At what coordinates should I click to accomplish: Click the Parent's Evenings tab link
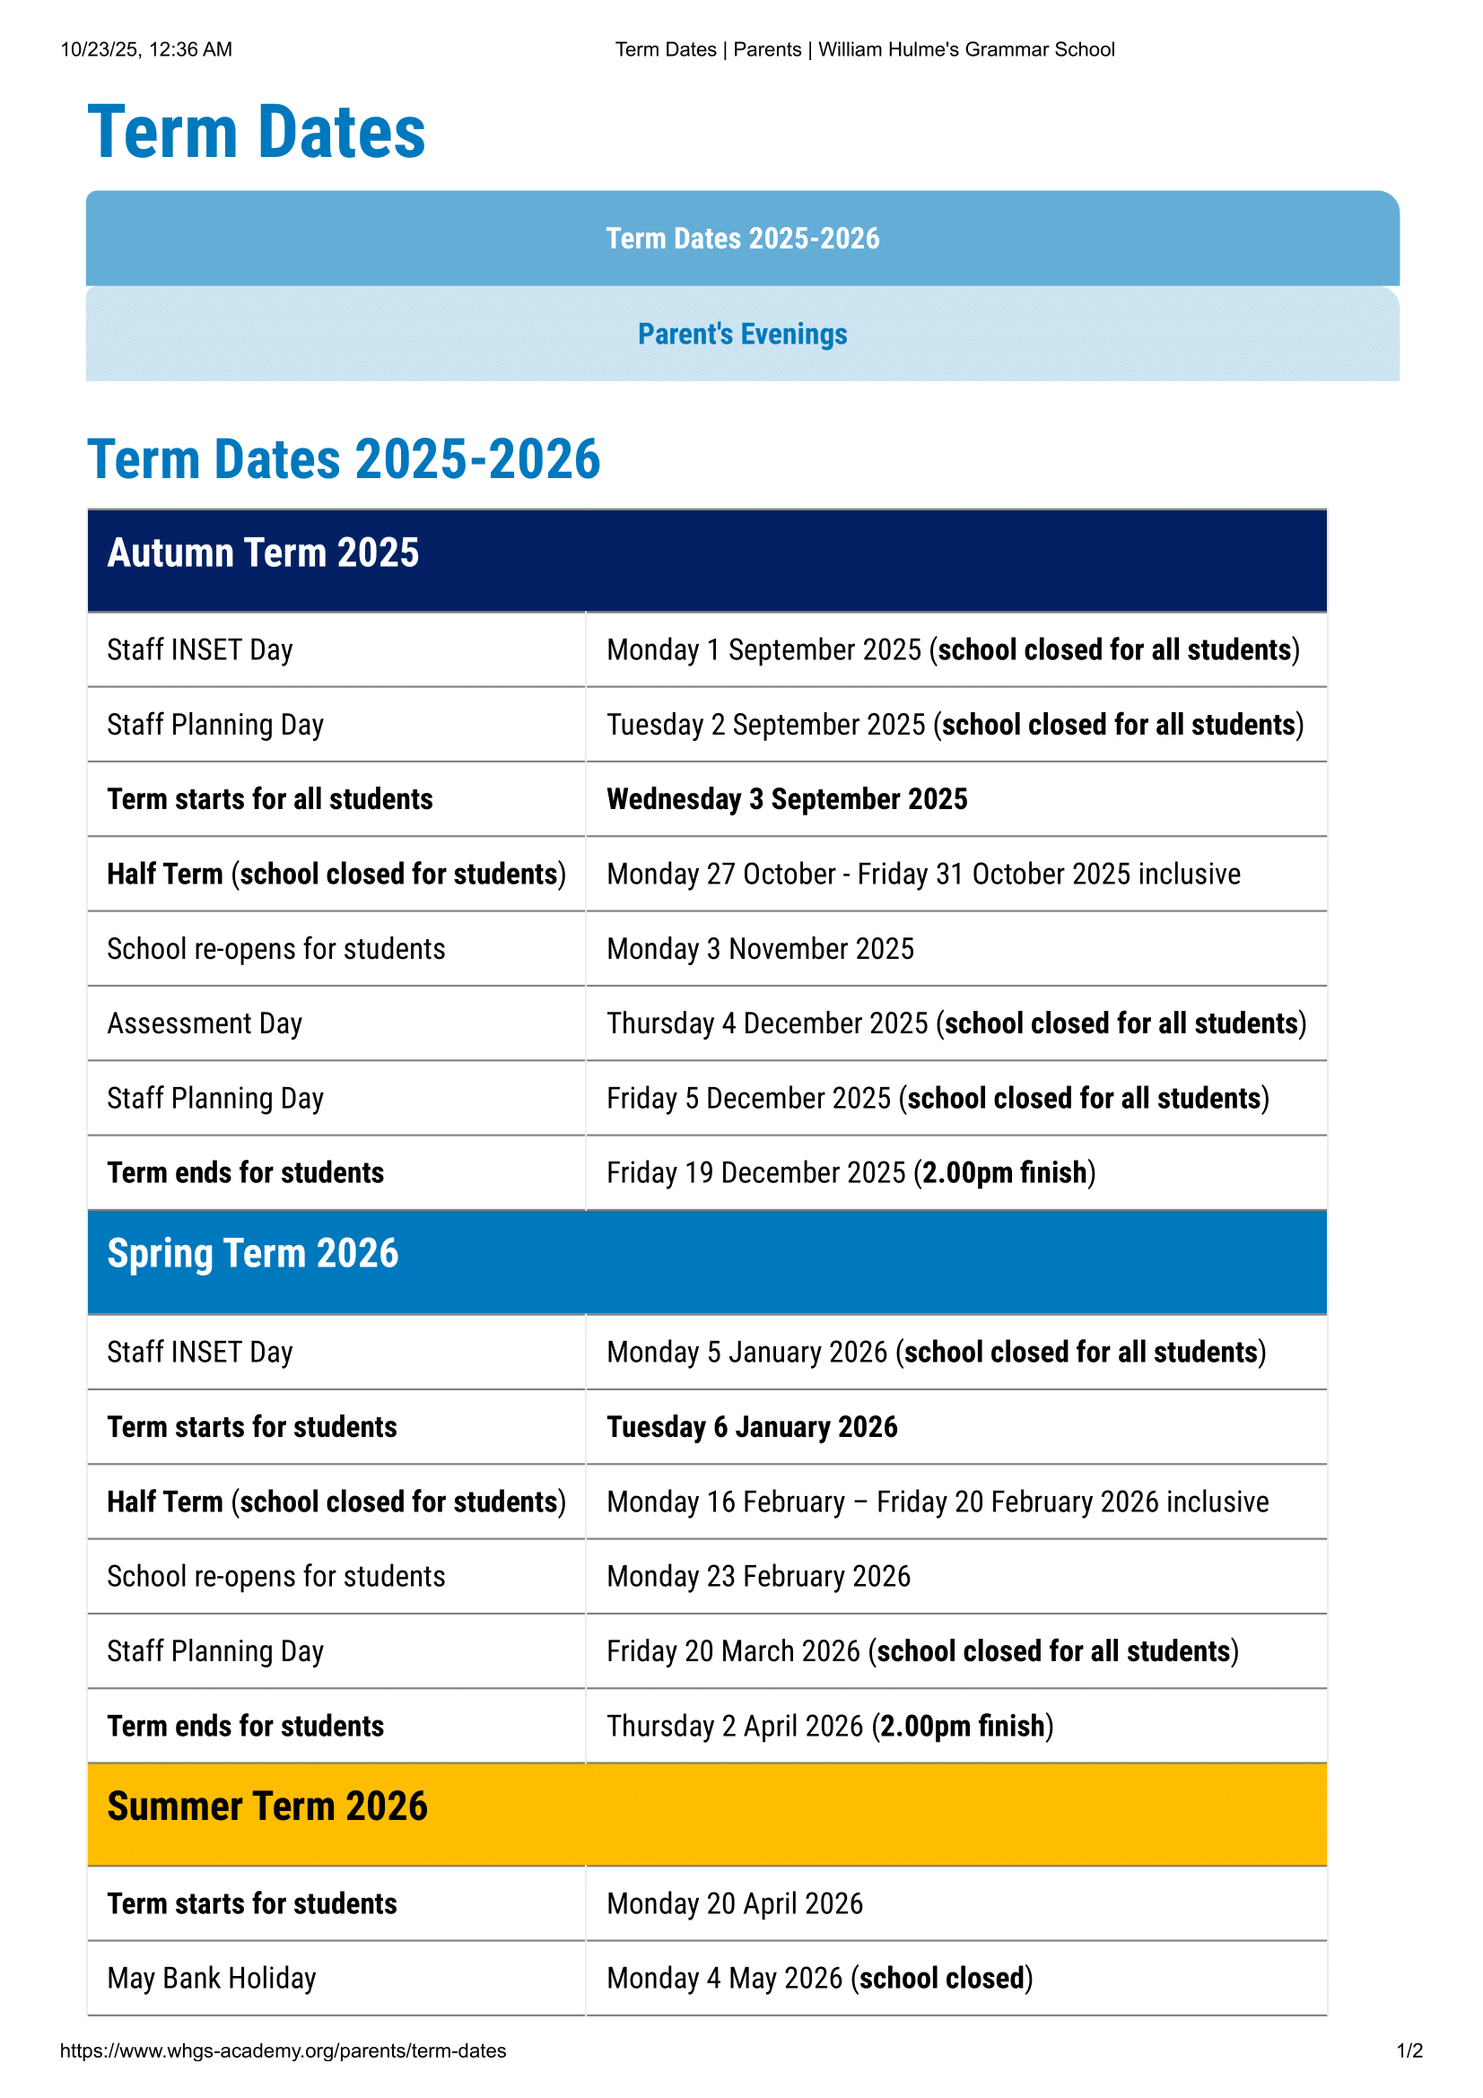coord(742,335)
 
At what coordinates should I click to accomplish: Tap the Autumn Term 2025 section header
coord(263,553)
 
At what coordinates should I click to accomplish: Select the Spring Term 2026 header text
coord(253,1254)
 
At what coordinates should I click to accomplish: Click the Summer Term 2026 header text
coord(266,1806)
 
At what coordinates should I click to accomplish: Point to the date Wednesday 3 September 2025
coord(787,799)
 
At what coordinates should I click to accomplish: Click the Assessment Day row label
coord(205,1023)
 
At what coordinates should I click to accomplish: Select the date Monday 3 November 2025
coord(760,949)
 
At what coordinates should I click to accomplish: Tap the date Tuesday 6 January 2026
coord(752,1427)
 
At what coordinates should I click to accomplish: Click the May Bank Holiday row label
coord(212,1979)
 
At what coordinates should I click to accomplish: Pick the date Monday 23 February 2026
coord(758,1576)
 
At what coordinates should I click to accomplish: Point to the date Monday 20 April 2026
coord(735,1903)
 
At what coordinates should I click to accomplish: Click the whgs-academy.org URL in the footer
coord(284,2050)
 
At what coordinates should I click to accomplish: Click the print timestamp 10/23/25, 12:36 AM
coord(146,49)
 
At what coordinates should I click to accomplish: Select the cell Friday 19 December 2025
coord(851,1173)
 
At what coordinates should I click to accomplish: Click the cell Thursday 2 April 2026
coord(830,1726)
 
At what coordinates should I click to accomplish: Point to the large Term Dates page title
coord(257,133)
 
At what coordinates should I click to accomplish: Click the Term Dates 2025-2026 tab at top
coord(742,239)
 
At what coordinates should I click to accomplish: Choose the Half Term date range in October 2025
coord(923,875)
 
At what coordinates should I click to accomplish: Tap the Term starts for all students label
coord(269,799)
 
